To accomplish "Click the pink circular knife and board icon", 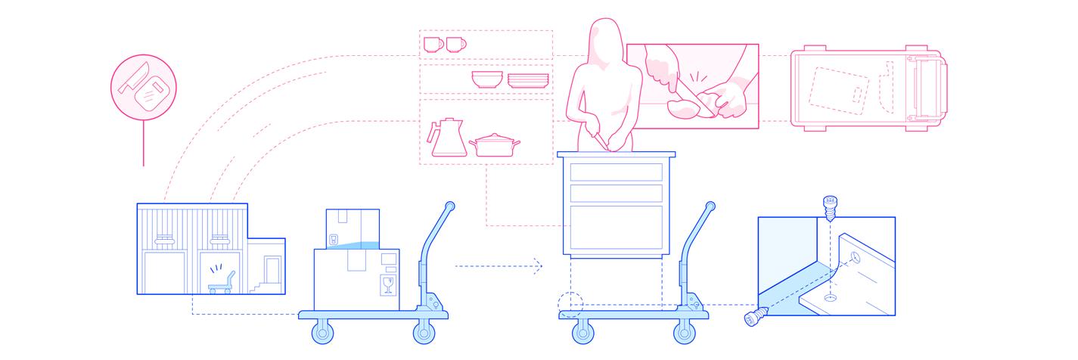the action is [143, 88].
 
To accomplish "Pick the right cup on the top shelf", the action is [455, 44].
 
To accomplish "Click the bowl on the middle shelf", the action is [487, 79].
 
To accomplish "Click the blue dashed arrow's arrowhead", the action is [539, 265].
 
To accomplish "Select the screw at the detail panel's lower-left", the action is [754, 319].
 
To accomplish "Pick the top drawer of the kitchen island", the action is [617, 172].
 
